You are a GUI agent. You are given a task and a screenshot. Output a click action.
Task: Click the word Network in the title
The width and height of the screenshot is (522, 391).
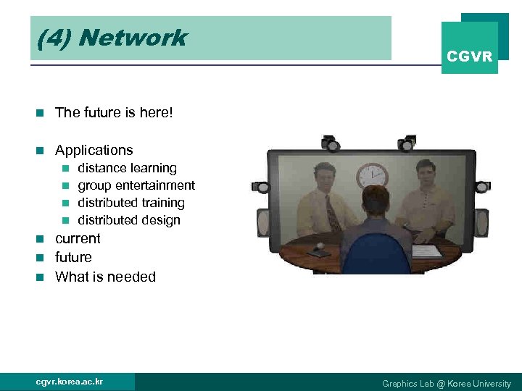tap(133, 38)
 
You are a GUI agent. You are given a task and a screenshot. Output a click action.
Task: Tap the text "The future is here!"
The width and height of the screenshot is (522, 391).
tap(114, 112)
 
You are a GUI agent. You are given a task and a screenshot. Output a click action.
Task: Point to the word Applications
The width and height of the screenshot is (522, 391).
tap(94, 151)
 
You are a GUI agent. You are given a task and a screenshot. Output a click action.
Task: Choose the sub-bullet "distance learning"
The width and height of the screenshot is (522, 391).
tap(127, 168)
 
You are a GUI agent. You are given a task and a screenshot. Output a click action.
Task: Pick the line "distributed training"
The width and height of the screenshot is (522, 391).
tap(131, 203)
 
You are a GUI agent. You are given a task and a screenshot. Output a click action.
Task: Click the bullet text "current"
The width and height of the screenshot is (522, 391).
tap(78, 238)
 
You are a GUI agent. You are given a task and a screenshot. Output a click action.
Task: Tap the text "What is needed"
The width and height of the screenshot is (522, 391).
tap(105, 277)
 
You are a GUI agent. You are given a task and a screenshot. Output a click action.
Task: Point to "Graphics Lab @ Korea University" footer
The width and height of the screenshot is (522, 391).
tap(447, 384)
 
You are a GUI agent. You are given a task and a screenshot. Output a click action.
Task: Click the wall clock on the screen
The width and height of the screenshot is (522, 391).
tap(372, 175)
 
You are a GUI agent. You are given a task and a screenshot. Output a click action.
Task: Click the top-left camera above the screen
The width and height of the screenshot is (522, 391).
tap(332, 142)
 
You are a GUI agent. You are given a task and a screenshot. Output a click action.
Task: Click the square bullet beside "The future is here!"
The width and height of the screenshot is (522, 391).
tap(41, 112)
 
